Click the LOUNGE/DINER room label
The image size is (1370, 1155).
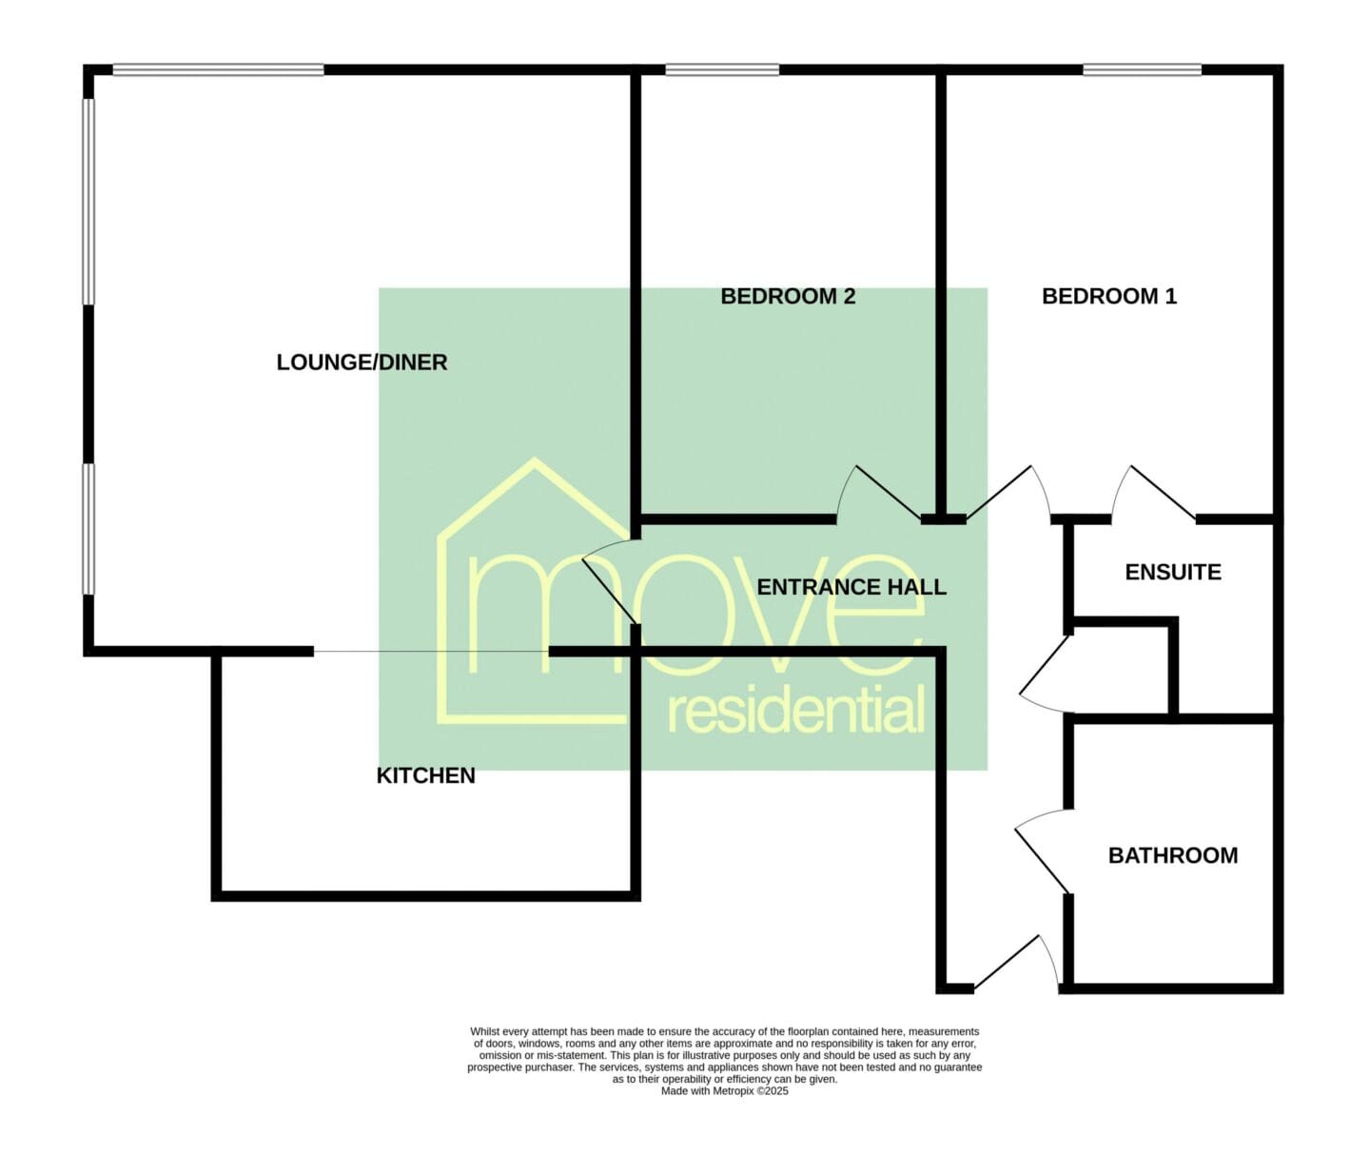362,362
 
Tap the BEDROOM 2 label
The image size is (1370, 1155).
788,297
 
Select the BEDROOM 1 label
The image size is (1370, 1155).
1109,297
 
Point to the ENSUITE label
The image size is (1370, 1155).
1173,572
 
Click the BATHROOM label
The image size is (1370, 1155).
1173,855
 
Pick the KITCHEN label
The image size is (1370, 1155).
426,775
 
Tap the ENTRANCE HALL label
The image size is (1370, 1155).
851,587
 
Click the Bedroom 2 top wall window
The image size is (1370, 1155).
722,69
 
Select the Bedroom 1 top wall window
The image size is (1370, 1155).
1143,69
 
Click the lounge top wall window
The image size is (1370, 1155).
219,69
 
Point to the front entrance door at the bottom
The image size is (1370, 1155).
1016,963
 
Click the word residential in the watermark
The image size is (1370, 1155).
796,709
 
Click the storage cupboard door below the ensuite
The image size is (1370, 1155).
1047,675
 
